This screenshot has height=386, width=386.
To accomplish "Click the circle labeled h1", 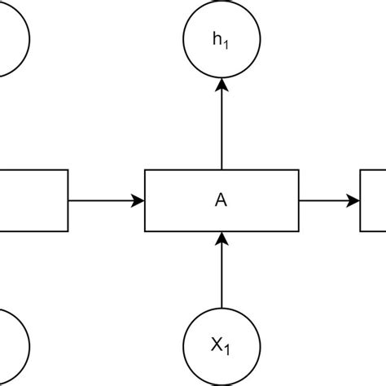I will pyautogui.click(x=222, y=38).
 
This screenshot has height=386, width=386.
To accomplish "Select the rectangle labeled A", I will pyautogui.click(x=222, y=200).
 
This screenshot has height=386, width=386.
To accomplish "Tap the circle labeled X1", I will pyautogui.click(x=222, y=346).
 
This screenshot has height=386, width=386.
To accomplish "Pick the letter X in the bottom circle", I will pyautogui.click(x=217, y=345).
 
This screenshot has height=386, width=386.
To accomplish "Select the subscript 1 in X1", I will pyautogui.click(x=228, y=349).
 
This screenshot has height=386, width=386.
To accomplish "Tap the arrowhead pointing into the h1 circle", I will pyautogui.click(x=222, y=83).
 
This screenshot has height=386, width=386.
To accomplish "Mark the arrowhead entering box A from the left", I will pyautogui.click(x=138, y=200).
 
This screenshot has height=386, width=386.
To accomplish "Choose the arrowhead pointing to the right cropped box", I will pyautogui.click(x=353, y=200).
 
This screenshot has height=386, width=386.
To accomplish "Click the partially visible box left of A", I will pyautogui.click(x=33, y=200).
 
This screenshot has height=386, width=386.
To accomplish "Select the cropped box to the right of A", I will pyautogui.click(x=373, y=200).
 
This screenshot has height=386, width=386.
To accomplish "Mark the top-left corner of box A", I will pyautogui.click(x=145, y=170).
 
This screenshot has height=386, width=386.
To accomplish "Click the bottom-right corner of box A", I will pyautogui.click(x=298, y=230).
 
